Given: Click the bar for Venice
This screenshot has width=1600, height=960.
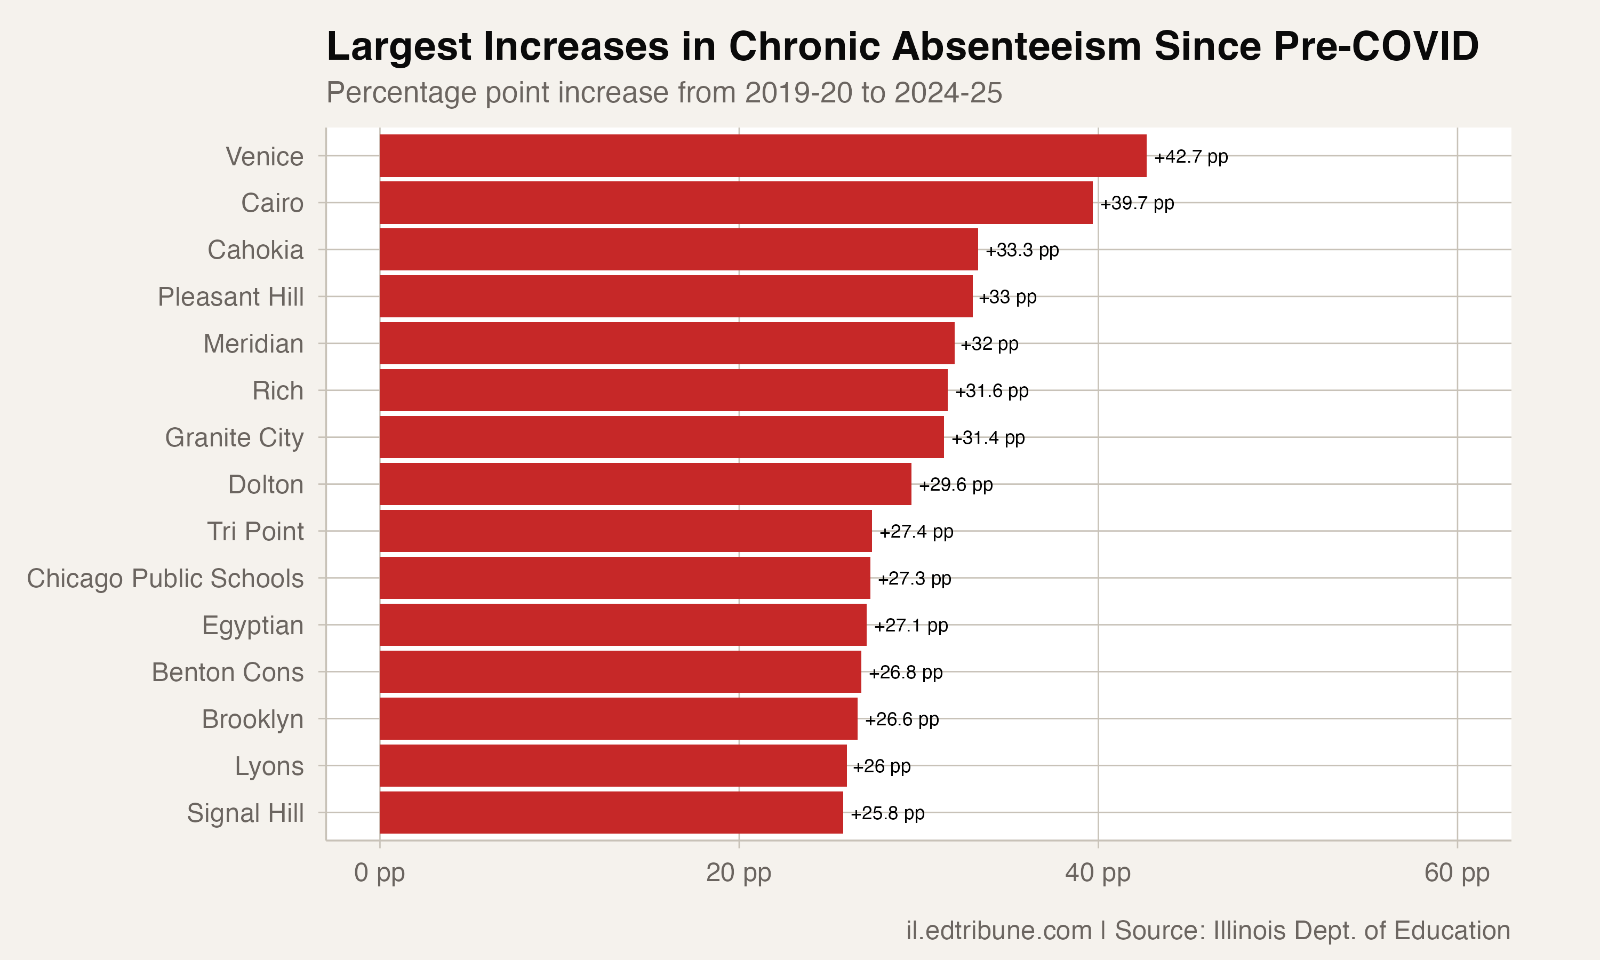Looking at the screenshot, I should [x=763, y=156].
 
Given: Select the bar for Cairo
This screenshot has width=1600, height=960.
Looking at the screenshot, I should [x=735, y=203].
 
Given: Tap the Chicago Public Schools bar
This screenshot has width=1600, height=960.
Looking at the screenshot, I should [x=624, y=578].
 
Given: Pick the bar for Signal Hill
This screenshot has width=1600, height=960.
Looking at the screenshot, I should [x=611, y=812].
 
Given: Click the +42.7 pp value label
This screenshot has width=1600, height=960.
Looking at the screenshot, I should [x=1190, y=157].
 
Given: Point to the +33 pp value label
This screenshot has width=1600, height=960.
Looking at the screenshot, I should [x=1007, y=297].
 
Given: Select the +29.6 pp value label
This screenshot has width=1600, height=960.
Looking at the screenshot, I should [x=955, y=484].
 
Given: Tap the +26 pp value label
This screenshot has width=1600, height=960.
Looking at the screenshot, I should [x=881, y=766].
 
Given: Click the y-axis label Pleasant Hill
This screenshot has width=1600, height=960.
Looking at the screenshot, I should [x=230, y=297].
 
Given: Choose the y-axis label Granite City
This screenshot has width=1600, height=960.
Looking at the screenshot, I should [x=234, y=438].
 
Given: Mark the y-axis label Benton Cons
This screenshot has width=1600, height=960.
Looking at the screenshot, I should [x=227, y=672].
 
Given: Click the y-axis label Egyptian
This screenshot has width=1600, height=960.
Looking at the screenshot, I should [x=252, y=626].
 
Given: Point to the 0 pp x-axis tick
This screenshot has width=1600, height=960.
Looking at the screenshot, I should [x=379, y=873].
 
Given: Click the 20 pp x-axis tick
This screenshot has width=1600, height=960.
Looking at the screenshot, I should [x=738, y=873].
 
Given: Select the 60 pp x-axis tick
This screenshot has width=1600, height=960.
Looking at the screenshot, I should [x=1457, y=873].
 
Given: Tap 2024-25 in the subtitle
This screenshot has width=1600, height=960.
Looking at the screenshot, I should [x=948, y=92].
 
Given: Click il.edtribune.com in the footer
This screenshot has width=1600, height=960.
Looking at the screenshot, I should [x=998, y=930].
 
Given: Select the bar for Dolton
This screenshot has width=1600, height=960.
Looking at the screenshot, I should [x=645, y=484].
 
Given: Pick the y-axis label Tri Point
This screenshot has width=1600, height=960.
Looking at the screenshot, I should [x=255, y=532].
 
